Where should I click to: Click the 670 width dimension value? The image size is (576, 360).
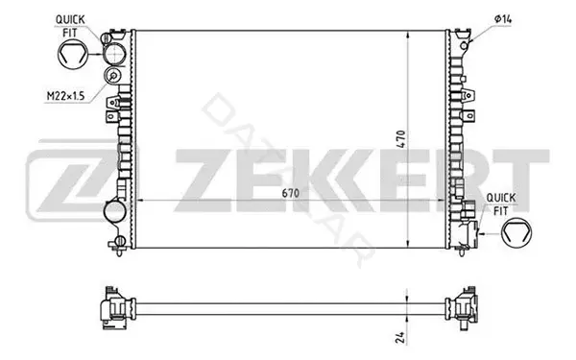coord(290,193)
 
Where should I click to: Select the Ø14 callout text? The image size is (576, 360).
coord(503,19)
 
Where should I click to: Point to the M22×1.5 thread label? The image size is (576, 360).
coord(65,96)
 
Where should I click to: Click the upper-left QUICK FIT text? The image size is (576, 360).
coord(70,26)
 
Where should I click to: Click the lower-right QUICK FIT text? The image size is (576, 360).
coord(501,204)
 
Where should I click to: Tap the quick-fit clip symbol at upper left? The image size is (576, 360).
coord(73,55)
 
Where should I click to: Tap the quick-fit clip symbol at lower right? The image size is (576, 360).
coord(516,232)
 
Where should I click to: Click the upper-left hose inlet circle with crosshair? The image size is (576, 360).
coord(114,55)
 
